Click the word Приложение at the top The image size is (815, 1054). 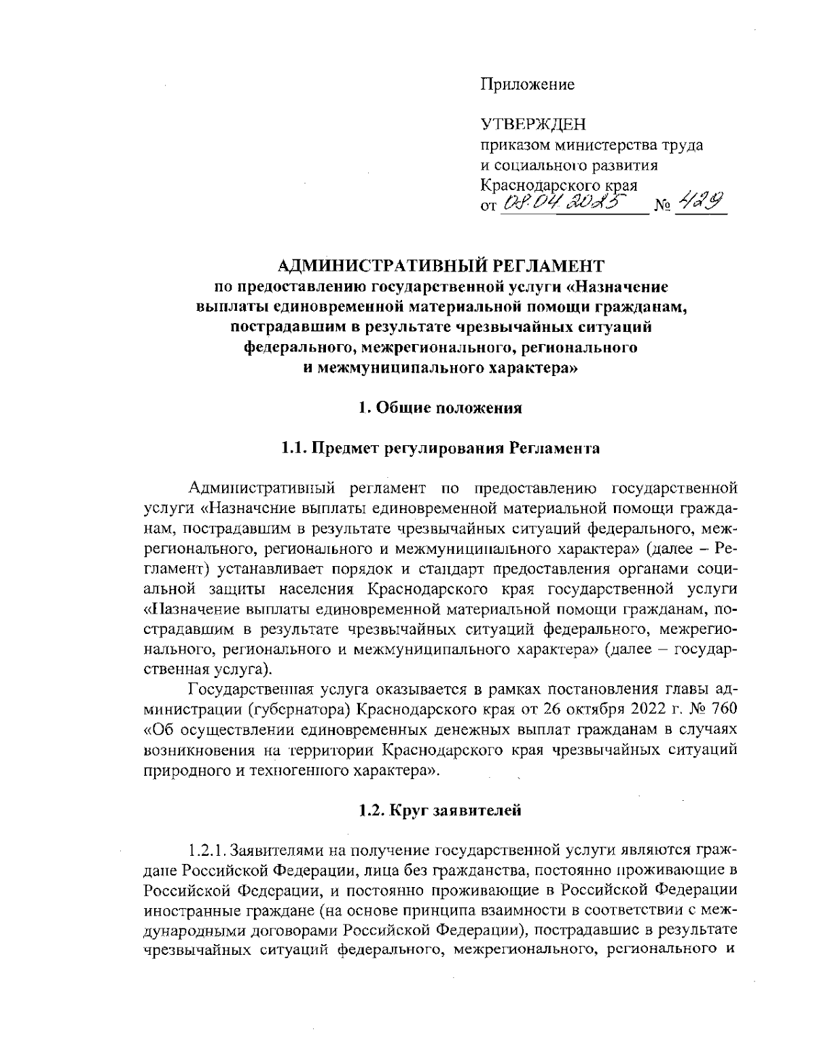click(x=527, y=85)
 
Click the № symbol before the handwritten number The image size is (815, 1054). click(x=662, y=205)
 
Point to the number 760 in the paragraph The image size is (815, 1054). click(x=722, y=710)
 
